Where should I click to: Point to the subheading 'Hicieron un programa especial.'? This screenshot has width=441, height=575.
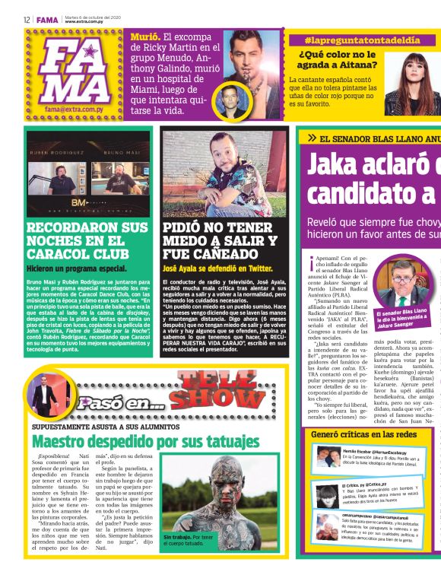pyautogui.click(x=77, y=268)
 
